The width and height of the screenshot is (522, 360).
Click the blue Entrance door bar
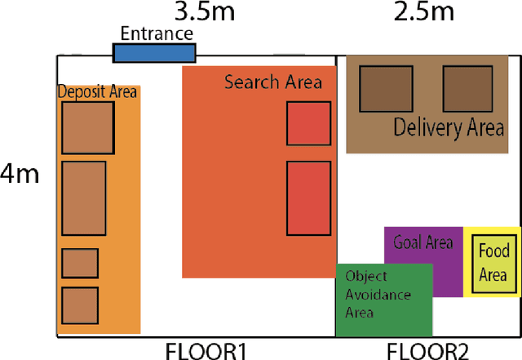pyautogui.click(x=154, y=52)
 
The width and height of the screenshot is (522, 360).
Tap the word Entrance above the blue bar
pyautogui.click(x=157, y=33)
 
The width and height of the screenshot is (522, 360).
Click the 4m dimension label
pyautogui.click(x=20, y=174)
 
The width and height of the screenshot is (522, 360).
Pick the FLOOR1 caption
pyautogui.click(x=206, y=351)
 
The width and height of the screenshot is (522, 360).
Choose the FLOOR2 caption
pyautogui.click(x=427, y=351)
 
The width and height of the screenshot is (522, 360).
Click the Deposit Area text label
pyautogui.click(x=97, y=91)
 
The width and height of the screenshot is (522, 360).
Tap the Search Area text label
pyautogui.click(x=273, y=82)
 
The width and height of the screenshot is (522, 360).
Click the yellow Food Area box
pyautogui.click(x=493, y=261)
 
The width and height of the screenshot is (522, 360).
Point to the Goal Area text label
pyautogui.click(x=422, y=242)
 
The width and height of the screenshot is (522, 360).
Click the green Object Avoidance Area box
pyautogui.click(x=383, y=300)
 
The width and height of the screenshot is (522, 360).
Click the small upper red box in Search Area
pyautogui.click(x=308, y=123)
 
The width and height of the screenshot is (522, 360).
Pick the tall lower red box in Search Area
pyautogui.click(x=308, y=198)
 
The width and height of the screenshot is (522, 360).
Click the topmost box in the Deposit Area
pyautogui.click(x=87, y=127)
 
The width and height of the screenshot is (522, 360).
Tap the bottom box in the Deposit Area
pyautogui.click(x=80, y=304)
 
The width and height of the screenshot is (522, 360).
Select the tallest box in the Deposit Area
pyautogui.click(x=84, y=198)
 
